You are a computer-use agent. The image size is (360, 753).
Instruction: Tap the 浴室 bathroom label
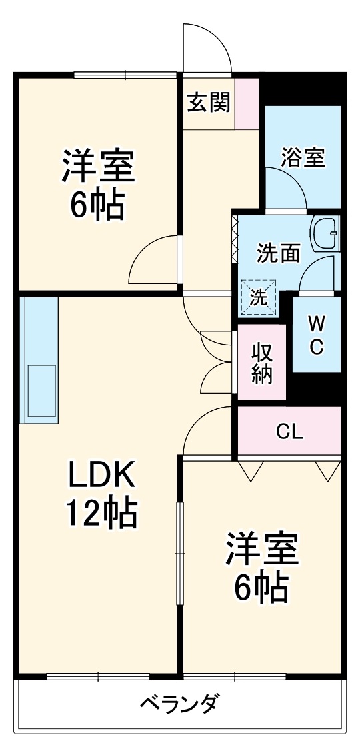point(303,159)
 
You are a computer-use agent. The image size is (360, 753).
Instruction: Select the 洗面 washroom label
point(279,254)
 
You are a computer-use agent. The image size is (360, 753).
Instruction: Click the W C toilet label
point(316,335)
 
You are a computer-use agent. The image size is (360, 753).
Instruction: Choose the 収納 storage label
point(261,363)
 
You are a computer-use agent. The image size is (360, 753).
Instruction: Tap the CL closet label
point(290,432)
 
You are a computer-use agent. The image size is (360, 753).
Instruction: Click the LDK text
point(102,476)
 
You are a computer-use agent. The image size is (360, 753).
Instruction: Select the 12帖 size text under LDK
point(101,514)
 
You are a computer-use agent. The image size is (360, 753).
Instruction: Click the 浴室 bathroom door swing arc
point(285,186)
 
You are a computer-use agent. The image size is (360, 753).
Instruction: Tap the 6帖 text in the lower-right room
point(261,587)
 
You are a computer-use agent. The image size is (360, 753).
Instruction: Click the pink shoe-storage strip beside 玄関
point(247,104)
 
